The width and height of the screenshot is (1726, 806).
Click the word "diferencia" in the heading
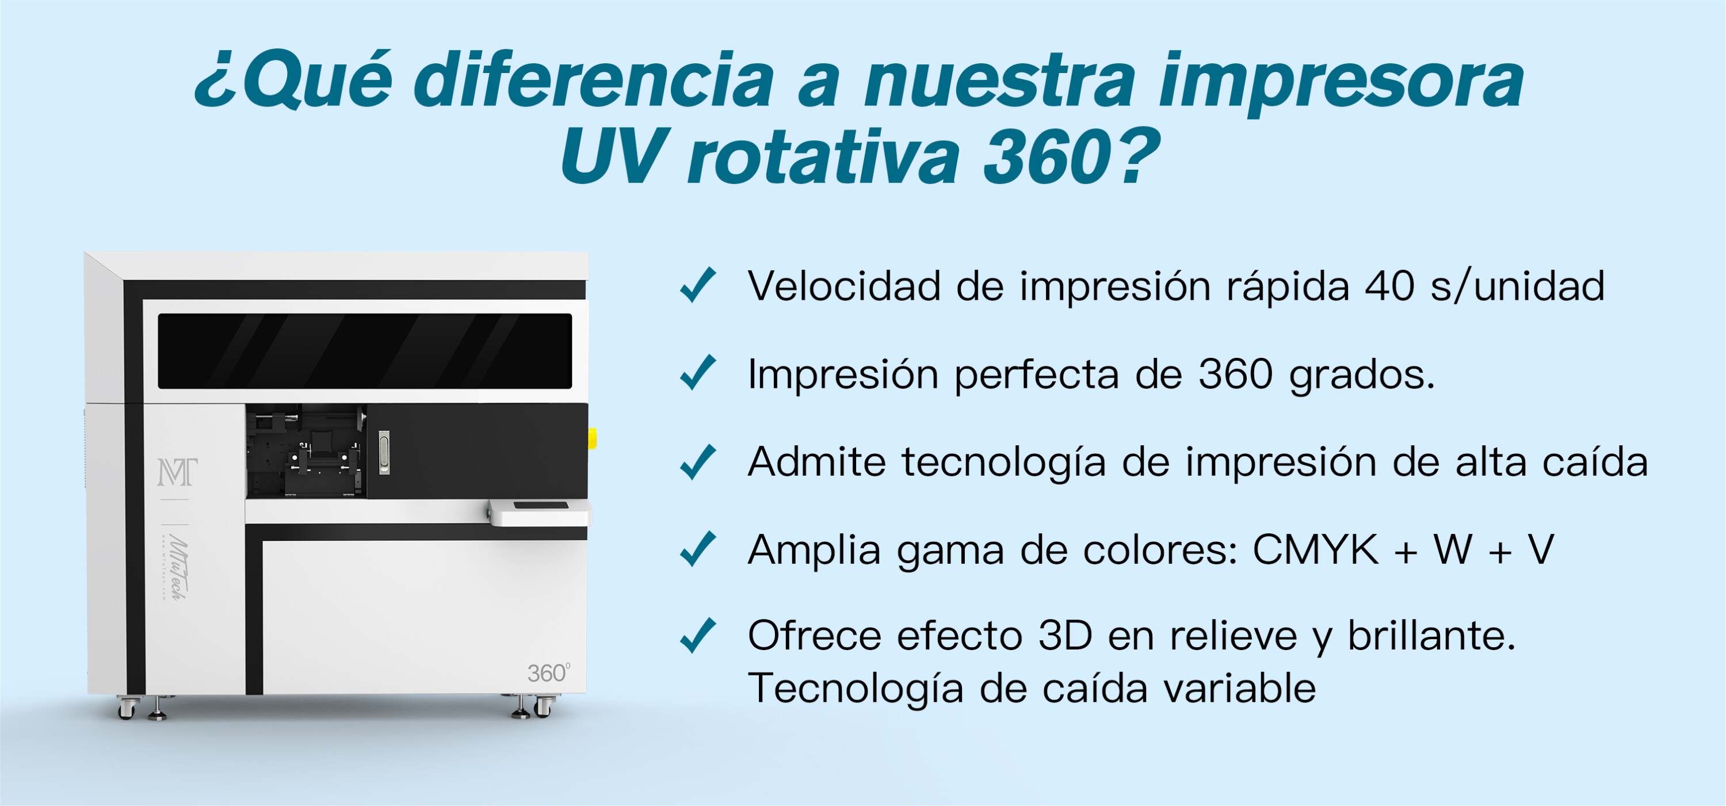[594, 81]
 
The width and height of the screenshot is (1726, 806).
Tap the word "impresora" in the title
[1340, 84]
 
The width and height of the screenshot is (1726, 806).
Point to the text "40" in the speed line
[1389, 287]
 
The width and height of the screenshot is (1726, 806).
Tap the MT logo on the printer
[177, 472]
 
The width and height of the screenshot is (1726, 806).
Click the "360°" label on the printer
[549, 673]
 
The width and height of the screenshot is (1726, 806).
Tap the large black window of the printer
[365, 351]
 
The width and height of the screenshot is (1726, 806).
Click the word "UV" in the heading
[609, 158]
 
